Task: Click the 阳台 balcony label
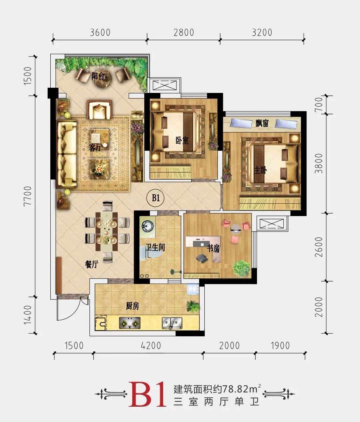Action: click(99, 76)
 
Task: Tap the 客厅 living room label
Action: click(95, 148)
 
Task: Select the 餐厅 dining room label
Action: click(92, 264)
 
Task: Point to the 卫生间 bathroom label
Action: click(155, 247)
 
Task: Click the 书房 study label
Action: click(214, 248)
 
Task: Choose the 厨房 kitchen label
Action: click(132, 306)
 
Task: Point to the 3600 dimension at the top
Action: click(100, 33)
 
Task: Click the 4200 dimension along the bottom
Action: click(151, 345)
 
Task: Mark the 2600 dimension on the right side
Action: click(319, 247)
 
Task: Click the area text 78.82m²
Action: click(237, 389)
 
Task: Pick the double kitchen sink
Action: click(172, 322)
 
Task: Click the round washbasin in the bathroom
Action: click(146, 225)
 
